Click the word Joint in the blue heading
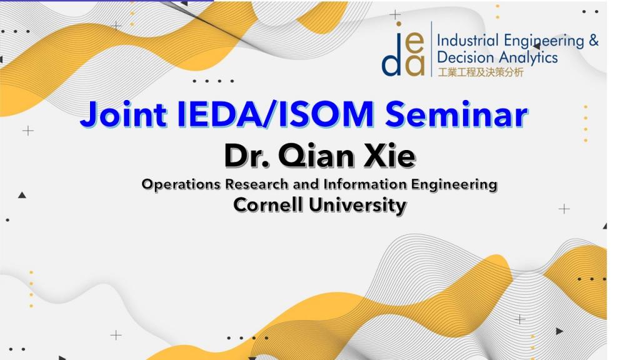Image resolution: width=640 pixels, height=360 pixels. click(123, 114)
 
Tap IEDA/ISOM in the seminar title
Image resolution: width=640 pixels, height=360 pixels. click(276, 114)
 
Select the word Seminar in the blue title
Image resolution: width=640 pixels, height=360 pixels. click(457, 114)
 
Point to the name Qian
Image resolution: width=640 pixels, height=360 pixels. click(316, 156)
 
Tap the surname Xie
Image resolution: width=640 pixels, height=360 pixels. click(389, 156)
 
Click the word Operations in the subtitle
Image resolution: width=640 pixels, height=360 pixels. click(181, 184)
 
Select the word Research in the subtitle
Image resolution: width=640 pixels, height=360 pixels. click(257, 184)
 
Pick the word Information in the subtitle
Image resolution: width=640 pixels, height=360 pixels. click(365, 184)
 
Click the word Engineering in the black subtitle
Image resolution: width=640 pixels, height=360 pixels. click(454, 185)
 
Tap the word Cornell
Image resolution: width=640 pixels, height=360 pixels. click(269, 204)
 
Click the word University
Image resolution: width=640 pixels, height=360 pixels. click(358, 205)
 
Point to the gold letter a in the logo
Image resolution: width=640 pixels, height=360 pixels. click(415, 64)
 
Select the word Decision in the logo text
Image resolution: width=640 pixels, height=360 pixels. click(465, 57)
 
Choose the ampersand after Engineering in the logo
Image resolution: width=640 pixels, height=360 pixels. click(594, 41)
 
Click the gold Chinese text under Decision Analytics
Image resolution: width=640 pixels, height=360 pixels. click(481, 72)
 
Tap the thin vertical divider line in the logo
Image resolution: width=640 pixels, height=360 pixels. click(431, 49)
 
